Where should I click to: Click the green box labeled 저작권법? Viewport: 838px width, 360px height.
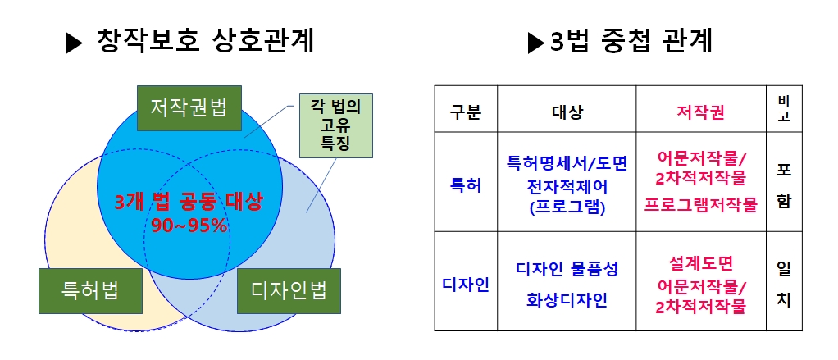(x=189, y=108)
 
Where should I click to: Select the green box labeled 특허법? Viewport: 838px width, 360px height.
(x=90, y=290)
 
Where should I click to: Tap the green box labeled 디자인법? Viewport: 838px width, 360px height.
(x=289, y=290)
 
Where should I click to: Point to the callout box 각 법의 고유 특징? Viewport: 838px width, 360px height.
(x=335, y=125)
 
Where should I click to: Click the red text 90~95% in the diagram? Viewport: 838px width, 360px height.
(x=189, y=226)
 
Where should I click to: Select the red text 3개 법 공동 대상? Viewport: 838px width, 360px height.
(x=189, y=202)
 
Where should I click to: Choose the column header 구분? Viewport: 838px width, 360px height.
(x=466, y=112)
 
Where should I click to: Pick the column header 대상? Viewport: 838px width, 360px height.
(x=567, y=112)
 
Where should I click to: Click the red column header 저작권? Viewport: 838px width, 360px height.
(x=700, y=112)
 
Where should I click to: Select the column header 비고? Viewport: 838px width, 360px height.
(x=784, y=109)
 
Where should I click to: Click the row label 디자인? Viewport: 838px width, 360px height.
(x=466, y=285)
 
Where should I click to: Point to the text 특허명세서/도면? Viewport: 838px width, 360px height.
(x=567, y=163)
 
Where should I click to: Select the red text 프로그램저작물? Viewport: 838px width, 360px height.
(x=700, y=206)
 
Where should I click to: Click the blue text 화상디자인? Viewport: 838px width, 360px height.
(x=567, y=301)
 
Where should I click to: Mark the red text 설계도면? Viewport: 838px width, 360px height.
(x=700, y=262)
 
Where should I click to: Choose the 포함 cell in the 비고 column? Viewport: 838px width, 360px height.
(x=784, y=185)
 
